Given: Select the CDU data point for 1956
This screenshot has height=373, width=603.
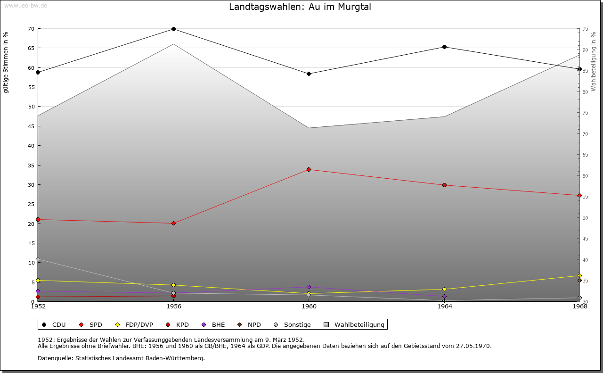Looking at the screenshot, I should click(173, 29).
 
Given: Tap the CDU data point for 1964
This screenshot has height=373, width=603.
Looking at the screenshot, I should click(444, 47).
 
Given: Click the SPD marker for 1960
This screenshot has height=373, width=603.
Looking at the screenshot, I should click(309, 169).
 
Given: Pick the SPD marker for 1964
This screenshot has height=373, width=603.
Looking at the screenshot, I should click(444, 185).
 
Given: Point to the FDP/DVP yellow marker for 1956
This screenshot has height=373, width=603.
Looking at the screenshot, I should click(173, 285).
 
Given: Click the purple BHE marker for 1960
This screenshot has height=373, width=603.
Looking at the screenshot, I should click(309, 287).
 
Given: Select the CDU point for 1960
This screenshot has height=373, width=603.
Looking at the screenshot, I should click(309, 74).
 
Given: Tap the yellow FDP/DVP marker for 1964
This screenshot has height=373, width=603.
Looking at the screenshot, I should click(444, 290).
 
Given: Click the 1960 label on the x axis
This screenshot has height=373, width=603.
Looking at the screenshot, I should click(309, 307).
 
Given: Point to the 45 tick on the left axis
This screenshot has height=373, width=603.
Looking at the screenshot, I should click(31, 126).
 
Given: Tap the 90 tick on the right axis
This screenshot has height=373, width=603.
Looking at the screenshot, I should click(585, 50).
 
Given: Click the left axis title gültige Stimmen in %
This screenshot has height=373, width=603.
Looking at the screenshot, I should click(6, 63).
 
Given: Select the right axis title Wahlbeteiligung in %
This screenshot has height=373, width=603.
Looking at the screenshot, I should click(594, 62).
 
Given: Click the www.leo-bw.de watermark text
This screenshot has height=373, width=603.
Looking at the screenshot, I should click(25, 5).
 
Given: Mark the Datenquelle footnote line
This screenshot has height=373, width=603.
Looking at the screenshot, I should click(121, 358).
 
